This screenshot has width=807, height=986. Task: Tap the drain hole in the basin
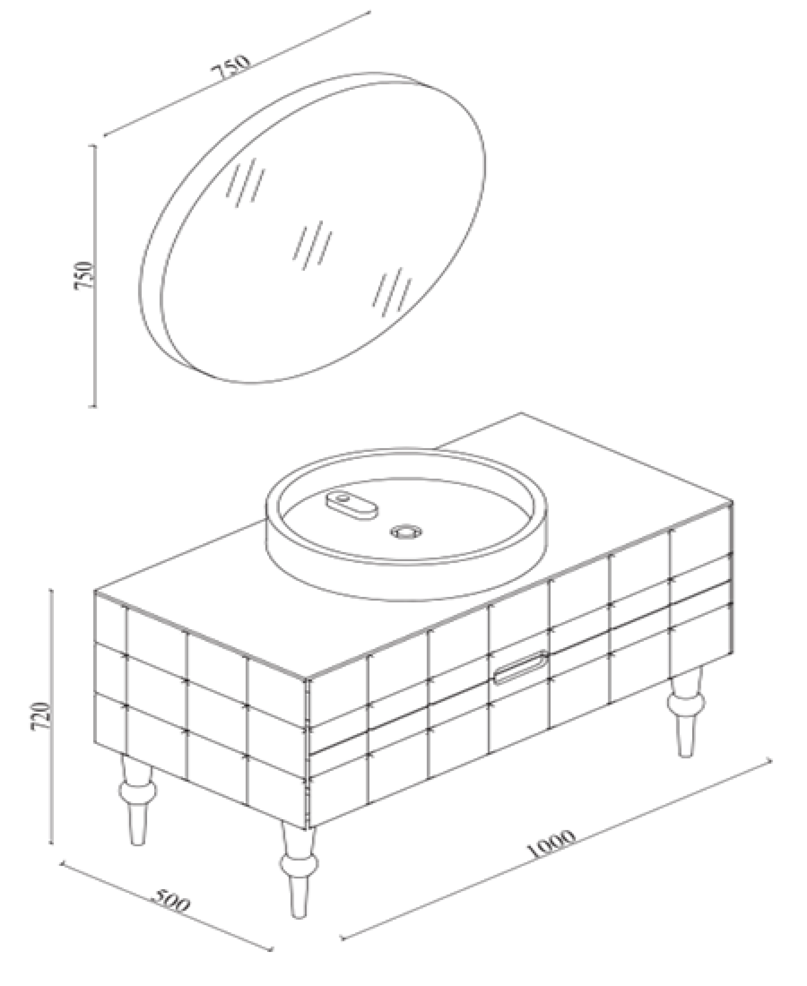click(x=406, y=532)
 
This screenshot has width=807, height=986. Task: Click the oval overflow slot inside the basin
click(x=351, y=504)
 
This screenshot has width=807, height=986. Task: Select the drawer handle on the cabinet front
click(x=521, y=668)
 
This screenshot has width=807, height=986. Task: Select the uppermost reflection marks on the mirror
click(x=245, y=182)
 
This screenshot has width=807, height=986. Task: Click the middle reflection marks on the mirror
click(x=312, y=245)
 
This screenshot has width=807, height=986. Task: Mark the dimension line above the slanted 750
click(x=237, y=74)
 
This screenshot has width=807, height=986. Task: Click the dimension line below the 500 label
click(x=166, y=929)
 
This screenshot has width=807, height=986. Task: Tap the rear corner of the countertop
click(x=522, y=412)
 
